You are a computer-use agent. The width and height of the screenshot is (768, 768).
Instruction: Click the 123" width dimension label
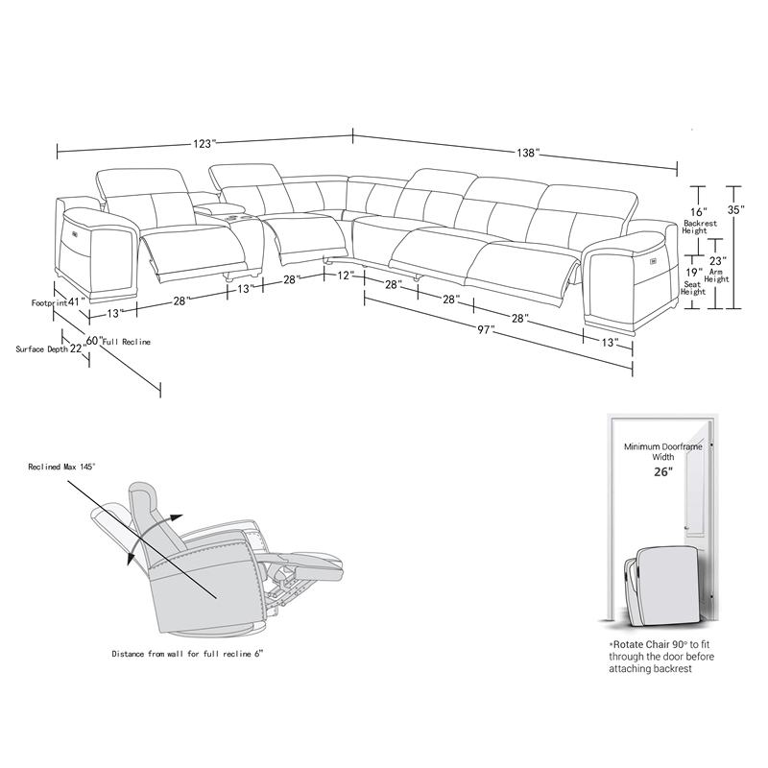click(x=203, y=144)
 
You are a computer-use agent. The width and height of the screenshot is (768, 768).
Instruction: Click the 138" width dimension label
click(x=526, y=153)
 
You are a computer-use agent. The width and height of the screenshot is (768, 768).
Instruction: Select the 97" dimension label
click(x=486, y=330)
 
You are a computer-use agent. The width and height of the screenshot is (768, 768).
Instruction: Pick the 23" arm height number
click(x=717, y=260)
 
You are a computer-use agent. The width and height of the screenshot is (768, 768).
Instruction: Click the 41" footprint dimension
click(x=77, y=301)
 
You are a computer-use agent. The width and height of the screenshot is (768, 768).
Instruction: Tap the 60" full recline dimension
click(x=93, y=340)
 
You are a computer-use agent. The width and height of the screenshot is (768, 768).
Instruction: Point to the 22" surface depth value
click(x=77, y=348)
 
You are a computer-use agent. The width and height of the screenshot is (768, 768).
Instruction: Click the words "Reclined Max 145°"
click(x=63, y=468)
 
